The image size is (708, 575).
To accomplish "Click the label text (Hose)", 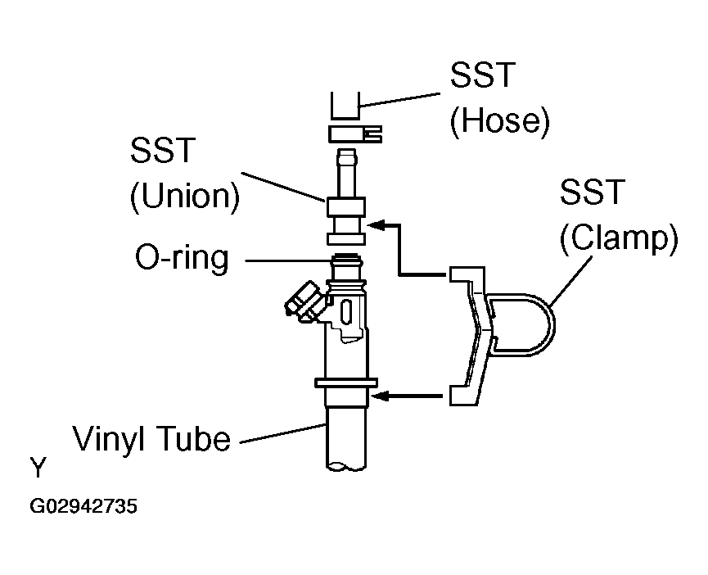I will click(x=498, y=121).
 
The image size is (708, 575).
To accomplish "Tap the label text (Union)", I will click(x=183, y=197).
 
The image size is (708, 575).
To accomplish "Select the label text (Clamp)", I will click(x=619, y=240).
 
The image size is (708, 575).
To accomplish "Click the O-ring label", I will click(x=183, y=259).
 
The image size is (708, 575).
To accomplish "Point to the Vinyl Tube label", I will click(x=151, y=439).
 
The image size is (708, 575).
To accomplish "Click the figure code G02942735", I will click(x=83, y=507).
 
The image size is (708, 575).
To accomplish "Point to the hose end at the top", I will click(x=346, y=106).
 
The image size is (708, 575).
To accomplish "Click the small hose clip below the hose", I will click(x=355, y=133).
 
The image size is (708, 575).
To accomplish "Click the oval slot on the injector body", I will click(x=345, y=314).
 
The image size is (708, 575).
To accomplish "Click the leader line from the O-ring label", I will click(x=286, y=261).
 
